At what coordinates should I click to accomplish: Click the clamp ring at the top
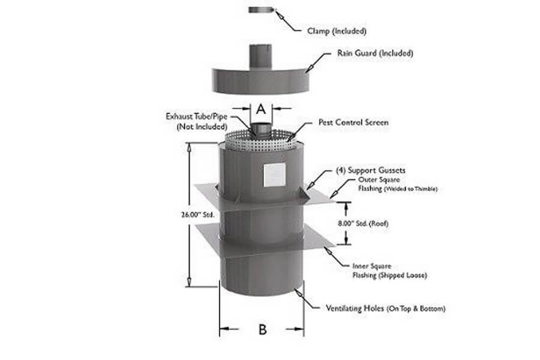tap(262, 10)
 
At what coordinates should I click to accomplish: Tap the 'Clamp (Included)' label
tap(337, 31)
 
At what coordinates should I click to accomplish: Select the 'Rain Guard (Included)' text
tap(374, 53)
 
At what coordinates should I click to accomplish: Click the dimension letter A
tap(262, 109)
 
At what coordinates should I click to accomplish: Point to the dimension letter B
tap(262, 329)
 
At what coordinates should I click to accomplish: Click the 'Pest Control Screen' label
tap(353, 122)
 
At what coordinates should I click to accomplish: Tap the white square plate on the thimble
tap(274, 175)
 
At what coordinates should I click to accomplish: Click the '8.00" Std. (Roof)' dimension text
tap(363, 223)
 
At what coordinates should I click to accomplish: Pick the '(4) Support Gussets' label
tap(371, 170)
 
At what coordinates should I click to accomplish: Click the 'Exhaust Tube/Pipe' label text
tap(196, 116)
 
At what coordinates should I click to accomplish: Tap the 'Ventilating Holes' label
tap(355, 308)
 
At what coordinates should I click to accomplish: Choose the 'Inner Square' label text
tap(372, 266)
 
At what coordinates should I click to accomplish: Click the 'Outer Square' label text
tap(379, 179)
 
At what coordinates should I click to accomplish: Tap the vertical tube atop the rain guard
tap(261, 56)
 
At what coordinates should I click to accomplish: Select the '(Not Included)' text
tap(202, 127)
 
